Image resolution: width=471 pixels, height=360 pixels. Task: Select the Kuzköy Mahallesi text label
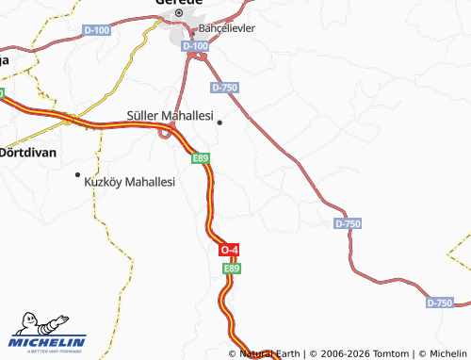130,181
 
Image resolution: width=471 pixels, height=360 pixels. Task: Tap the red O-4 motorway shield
229,250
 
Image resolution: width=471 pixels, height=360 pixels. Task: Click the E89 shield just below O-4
232,269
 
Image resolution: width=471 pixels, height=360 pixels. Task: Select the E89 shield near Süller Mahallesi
200,158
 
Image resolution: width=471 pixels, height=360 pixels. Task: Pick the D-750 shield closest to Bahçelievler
224,88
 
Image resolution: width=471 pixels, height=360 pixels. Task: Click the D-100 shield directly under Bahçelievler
195,45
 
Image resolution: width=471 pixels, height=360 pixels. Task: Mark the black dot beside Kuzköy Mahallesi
77,175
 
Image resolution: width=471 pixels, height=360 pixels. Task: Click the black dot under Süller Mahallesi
219,122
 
